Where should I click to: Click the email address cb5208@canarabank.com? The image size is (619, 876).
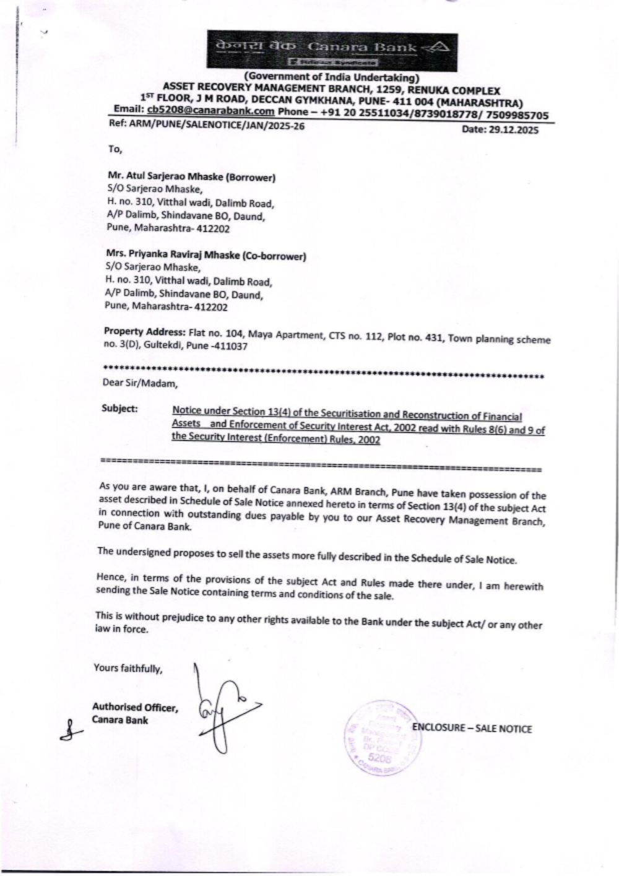pyautogui.click(x=210, y=111)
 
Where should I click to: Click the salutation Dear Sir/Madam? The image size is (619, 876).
pyautogui.click(x=141, y=383)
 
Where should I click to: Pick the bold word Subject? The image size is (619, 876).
pyautogui.click(x=120, y=409)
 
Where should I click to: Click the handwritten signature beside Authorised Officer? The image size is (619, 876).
pyautogui.click(x=223, y=709)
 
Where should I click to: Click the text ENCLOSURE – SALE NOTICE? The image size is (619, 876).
pyautogui.click(x=472, y=729)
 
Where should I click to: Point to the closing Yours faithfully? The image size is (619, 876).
pyautogui.click(x=128, y=668)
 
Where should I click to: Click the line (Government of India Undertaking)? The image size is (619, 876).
pyautogui.click(x=332, y=77)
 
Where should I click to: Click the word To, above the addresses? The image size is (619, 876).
pyautogui.click(x=115, y=149)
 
